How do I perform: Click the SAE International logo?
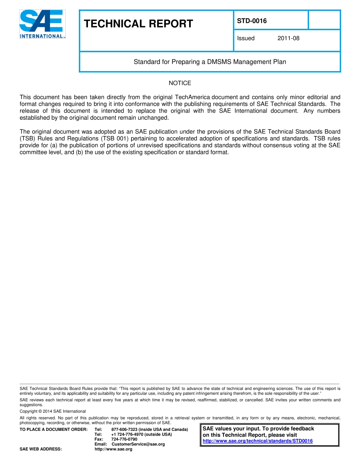42,24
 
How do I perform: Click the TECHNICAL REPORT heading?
138,24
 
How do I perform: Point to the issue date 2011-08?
288,38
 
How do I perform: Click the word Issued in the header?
246,38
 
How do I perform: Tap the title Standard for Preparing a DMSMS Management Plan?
210,62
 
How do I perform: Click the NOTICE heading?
180,83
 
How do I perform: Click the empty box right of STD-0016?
324,20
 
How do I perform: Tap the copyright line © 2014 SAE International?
53,411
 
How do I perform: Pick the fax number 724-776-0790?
124,439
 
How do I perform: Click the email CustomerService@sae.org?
138,444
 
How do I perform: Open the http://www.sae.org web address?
113,449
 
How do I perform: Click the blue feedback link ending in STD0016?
258,441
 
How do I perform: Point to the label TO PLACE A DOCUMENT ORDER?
53,429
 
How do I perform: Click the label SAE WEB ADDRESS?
41,449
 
